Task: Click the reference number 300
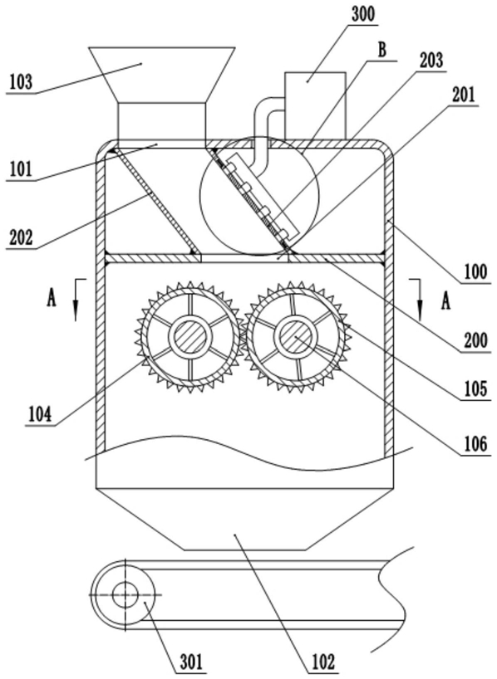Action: coord(362,14)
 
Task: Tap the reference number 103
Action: coord(21,81)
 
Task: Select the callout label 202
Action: coord(20,237)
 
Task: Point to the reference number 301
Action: coord(191,662)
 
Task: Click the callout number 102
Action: coord(323,662)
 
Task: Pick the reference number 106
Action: coord(475,444)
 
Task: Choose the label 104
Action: coord(40,414)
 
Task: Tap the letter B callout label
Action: coord(381,50)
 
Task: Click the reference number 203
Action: coord(431,61)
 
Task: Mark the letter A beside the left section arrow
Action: coord(52,299)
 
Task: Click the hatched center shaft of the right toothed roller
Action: coord(294,336)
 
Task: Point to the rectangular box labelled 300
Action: coord(315,105)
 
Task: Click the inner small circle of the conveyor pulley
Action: coord(125,594)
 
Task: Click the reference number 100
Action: coord(475,272)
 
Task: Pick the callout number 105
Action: coord(475,389)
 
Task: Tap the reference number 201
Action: coord(464,95)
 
